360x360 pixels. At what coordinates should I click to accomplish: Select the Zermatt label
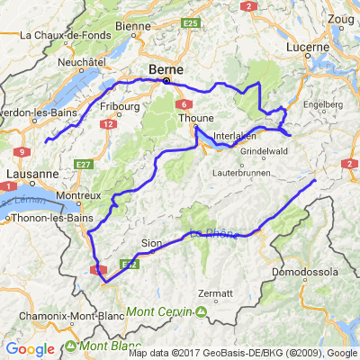(216, 293)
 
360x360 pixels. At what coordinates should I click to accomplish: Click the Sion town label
(152, 243)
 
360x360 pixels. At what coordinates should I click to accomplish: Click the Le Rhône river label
(213, 235)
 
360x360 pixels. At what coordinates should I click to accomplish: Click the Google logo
(30, 349)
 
